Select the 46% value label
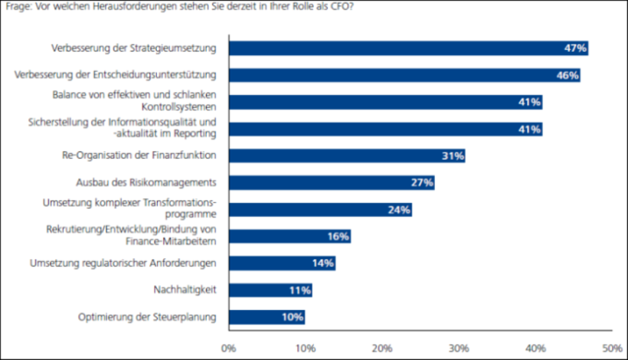click(567, 75)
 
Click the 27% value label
click(422, 183)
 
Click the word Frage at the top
click(18, 6)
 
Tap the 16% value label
click(338, 237)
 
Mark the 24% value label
click(399, 210)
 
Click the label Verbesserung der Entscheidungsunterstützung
click(116, 75)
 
